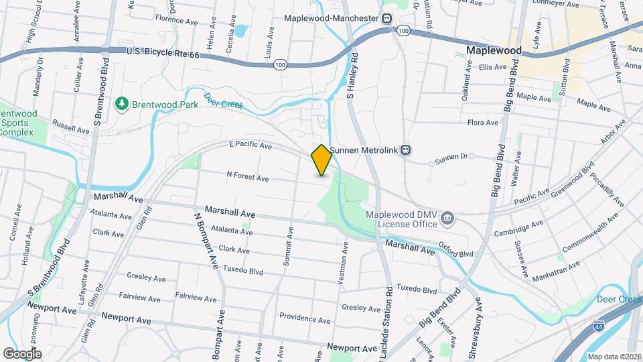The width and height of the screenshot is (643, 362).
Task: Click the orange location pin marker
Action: [x=321, y=160]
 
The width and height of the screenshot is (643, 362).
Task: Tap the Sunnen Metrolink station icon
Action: [x=406, y=150]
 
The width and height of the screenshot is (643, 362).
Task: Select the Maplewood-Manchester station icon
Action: [x=387, y=18]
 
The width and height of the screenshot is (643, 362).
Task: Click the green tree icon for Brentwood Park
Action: [x=121, y=104]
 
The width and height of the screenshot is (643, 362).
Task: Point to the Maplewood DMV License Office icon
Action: [x=448, y=217]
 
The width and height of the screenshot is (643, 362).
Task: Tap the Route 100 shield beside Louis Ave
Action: [x=280, y=64]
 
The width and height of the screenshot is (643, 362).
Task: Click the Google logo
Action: [x=22, y=353]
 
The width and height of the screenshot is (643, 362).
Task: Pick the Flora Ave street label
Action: [x=483, y=123]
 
